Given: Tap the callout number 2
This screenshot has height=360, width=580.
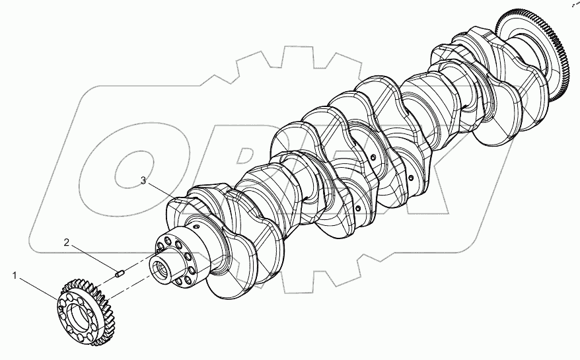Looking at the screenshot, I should click(x=67, y=242).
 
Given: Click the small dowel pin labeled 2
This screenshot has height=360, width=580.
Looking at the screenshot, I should click(x=120, y=271).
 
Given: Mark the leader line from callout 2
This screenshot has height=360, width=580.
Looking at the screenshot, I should click(x=92, y=256).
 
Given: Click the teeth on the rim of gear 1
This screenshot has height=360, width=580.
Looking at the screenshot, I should click(x=99, y=291).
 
